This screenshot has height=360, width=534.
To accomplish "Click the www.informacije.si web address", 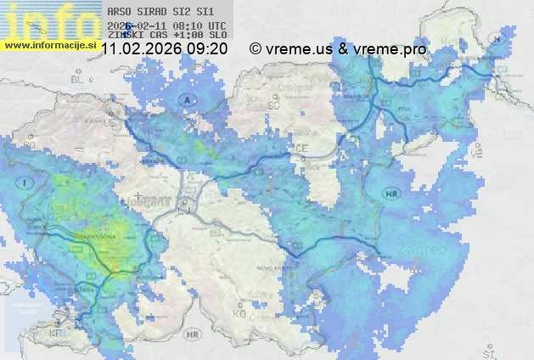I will coord(49,44).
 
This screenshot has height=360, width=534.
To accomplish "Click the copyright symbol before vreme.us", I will coord(255,49).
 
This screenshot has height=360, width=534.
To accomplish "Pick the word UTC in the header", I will coord(216,26).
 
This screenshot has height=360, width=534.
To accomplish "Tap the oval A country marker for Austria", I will coord(187,100).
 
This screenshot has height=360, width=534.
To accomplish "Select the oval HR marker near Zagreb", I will coord(391,194).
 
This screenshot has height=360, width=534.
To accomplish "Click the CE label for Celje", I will coord(301,148).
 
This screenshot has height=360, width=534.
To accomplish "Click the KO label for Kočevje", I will coord(239,313).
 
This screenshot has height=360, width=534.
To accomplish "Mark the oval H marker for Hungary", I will coord(498,38).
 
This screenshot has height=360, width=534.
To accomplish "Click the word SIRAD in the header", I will coord(156,13).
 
